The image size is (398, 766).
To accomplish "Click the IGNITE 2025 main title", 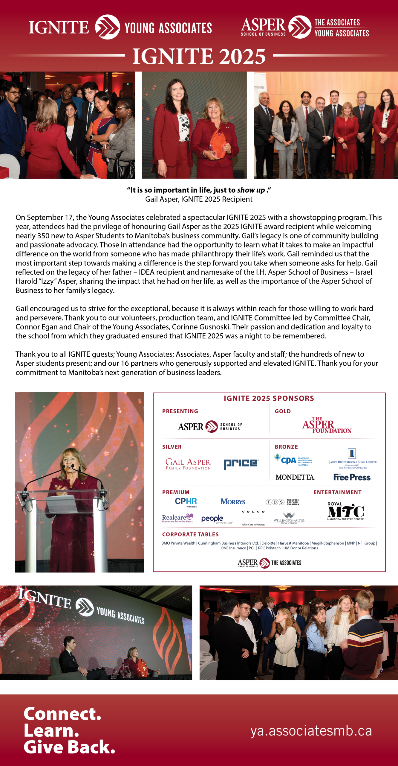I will click(x=199, y=56).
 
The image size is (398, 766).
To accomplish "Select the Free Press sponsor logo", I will click(x=352, y=477).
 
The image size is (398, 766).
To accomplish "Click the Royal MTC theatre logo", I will click(x=345, y=511).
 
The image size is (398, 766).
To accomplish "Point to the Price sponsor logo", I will click(x=241, y=464).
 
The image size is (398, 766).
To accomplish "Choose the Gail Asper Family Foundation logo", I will click(x=188, y=464).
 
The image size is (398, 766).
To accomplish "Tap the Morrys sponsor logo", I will click(x=232, y=501).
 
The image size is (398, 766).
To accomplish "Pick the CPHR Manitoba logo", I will click(x=186, y=502).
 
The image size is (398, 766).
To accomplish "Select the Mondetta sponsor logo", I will click(x=295, y=477).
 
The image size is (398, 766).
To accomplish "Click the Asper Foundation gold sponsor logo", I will click(x=327, y=425).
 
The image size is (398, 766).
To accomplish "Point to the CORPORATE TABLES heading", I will click(x=190, y=534).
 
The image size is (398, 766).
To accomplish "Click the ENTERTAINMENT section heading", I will click(x=337, y=492).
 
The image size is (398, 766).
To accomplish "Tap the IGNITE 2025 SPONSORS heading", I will click(x=269, y=398).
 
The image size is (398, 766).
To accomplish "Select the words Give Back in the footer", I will click(x=69, y=747).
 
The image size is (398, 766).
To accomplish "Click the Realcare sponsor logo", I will click(x=177, y=518).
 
